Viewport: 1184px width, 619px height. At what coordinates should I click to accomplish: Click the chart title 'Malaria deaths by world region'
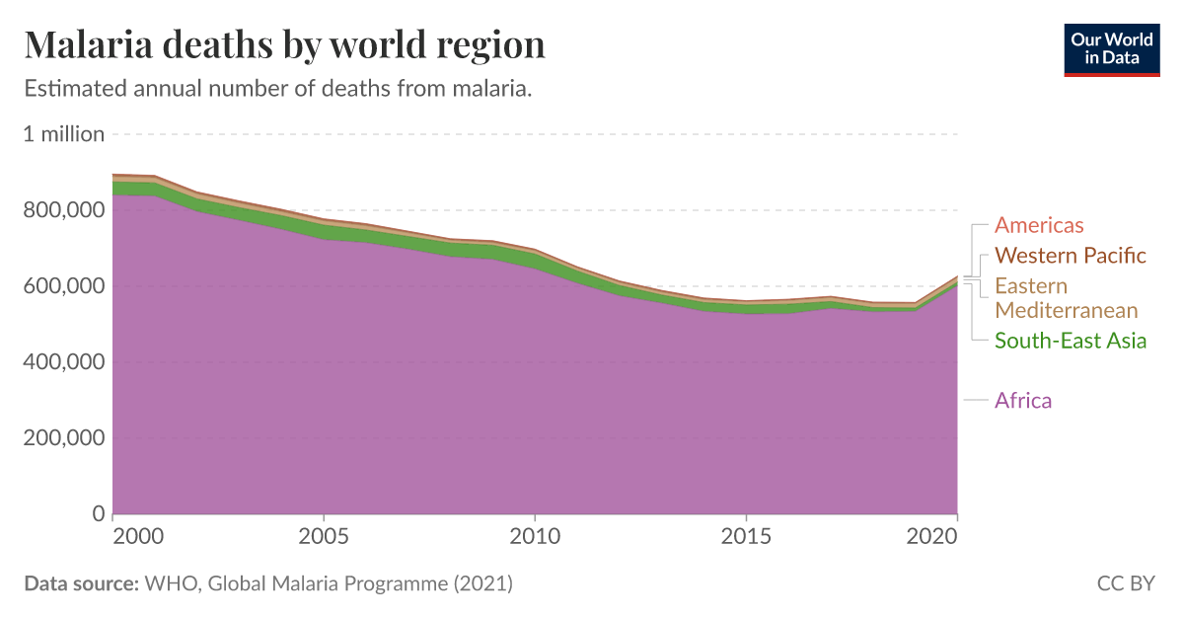[x=284, y=45]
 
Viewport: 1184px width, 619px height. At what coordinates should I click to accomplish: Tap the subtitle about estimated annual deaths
[x=278, y=89]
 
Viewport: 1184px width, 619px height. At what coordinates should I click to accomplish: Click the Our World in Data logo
[x=1111, y=47]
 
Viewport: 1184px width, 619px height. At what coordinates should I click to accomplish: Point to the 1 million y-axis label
[x=64, y=134]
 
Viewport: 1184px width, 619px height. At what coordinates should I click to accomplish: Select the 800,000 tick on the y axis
[x=64, y=210]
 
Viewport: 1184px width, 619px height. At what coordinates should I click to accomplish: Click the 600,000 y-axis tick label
[x=64, y=286]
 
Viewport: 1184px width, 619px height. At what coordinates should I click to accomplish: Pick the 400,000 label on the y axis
[x=64, y=362]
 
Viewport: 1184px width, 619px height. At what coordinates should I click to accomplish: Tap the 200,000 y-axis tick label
[x=64, y=438]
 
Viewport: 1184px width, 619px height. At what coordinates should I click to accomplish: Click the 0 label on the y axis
[x=98, y=514]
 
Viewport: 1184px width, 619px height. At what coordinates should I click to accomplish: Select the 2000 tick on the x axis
[x=137, y=536]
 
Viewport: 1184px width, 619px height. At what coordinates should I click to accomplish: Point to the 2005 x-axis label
[x=324, y=536]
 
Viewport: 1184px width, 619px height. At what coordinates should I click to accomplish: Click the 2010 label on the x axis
[x=534, y=536]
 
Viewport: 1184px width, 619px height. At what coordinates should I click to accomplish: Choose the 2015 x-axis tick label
[x=745, y=536]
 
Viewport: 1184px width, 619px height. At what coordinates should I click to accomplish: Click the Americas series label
[x=1039, y=225]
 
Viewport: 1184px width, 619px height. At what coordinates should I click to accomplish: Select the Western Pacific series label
[x=1071, y=256]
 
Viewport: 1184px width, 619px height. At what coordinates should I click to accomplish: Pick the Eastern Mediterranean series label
[x=1066, y=298]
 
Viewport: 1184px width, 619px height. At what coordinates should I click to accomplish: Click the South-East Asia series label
[x=1071, y=341]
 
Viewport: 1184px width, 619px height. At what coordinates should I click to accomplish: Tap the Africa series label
[x=1023, y=400]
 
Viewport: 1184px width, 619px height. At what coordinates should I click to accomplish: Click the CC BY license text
[x=1125, y=583]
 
